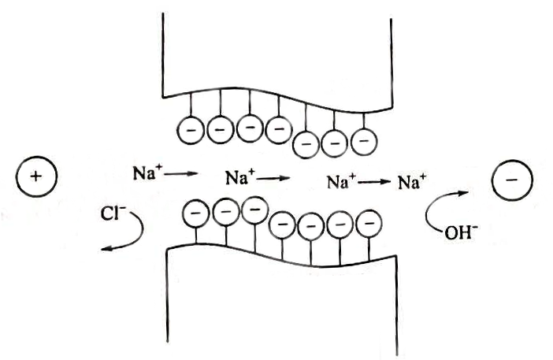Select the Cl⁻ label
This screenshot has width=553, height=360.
click(x=111, y=210)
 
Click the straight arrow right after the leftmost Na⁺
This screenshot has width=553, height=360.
click(x=183, y=169)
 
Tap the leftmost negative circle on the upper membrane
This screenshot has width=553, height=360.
click(x=191, y=128)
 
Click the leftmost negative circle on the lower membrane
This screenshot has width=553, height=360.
click(x=195, y=211)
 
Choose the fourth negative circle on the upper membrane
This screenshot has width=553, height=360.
click(x=278, y=128)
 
